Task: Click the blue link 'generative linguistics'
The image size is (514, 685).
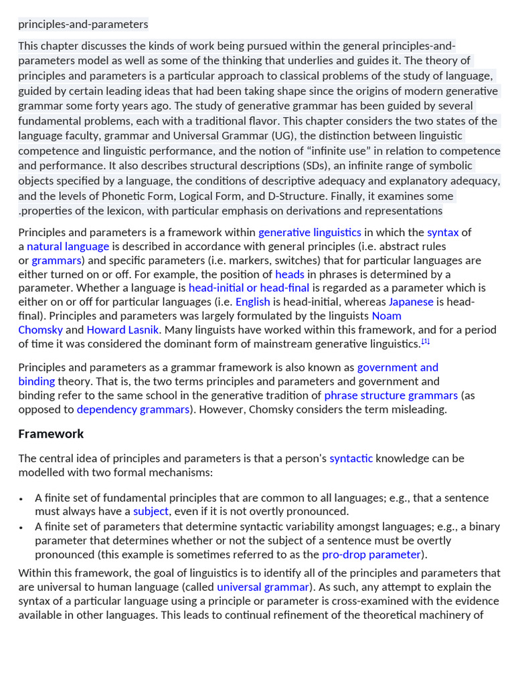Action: click(309, 232)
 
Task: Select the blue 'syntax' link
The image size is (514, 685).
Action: click(442, 232)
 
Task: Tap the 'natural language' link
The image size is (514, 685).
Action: click(68, 246)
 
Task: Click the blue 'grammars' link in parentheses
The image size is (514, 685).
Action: click(56, 260)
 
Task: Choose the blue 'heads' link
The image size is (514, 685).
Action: click(289, 274)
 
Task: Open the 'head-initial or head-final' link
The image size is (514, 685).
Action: click(249, 288)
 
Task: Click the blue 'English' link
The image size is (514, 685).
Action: click(252, 302)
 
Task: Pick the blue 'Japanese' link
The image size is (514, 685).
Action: click(411, 302)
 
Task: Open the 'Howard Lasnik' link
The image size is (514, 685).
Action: click(124, 330)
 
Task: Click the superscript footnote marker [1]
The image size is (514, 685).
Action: click(425, 342)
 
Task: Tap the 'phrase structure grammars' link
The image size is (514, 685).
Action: click(391, 395)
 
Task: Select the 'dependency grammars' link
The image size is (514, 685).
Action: click(133, 409)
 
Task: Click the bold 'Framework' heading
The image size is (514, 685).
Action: click(51, 433)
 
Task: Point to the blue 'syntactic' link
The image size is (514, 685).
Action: click(351, 458)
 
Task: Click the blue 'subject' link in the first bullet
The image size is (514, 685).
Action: click(151, 512)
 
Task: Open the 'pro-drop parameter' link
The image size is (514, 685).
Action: click(371, 555)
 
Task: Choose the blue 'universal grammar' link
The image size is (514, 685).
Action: click(262, 587)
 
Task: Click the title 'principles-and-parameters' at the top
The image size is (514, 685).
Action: click(83, 24)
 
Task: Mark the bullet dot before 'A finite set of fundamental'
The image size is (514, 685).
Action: click(21, 499)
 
